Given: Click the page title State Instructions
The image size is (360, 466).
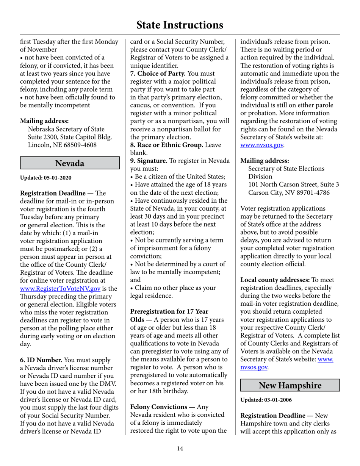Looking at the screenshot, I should [180, 25].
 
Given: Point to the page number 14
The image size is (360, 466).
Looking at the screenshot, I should [180, 449].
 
